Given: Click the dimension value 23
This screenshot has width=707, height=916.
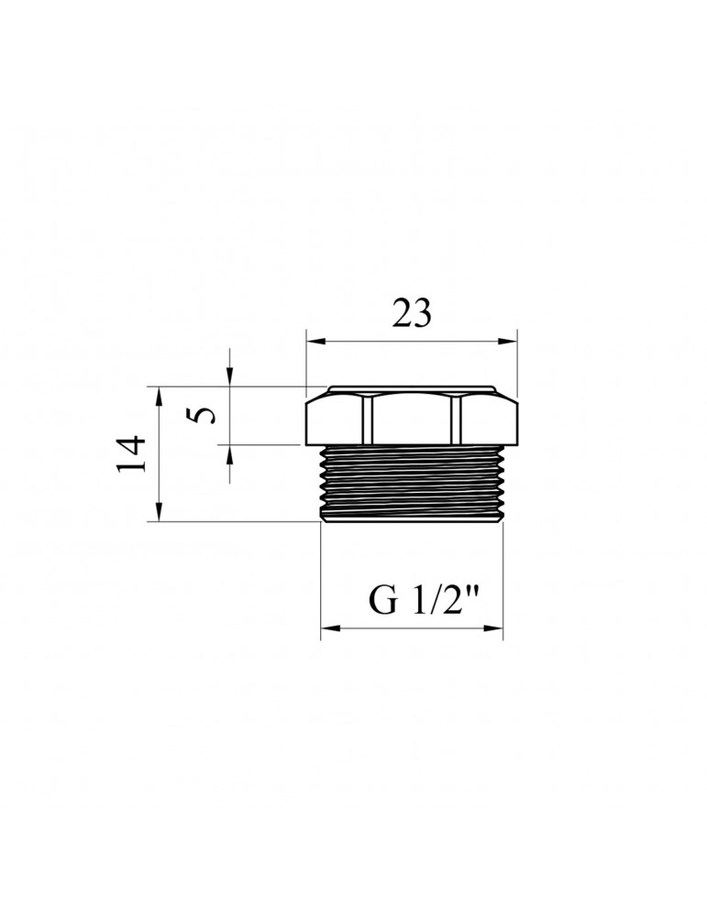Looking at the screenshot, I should tap(412, 314).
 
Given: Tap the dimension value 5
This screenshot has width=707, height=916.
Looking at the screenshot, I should tap(207, 415).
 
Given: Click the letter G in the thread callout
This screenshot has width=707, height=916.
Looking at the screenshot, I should tap(381, 603).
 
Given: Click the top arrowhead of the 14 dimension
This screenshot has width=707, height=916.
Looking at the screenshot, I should tap(160, 393).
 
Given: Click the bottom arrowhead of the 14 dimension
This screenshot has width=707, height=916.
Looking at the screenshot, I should tap(160, 515).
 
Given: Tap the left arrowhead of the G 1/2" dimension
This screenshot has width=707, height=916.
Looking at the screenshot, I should tap(327, 628).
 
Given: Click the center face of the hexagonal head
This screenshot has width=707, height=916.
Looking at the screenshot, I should tap(412, 418).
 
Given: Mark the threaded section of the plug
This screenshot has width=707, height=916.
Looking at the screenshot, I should tap(412, 483).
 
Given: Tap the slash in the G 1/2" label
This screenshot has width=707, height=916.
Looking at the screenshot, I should tap(432, 602).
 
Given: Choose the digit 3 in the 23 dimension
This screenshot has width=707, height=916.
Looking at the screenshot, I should tap(422, 314).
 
